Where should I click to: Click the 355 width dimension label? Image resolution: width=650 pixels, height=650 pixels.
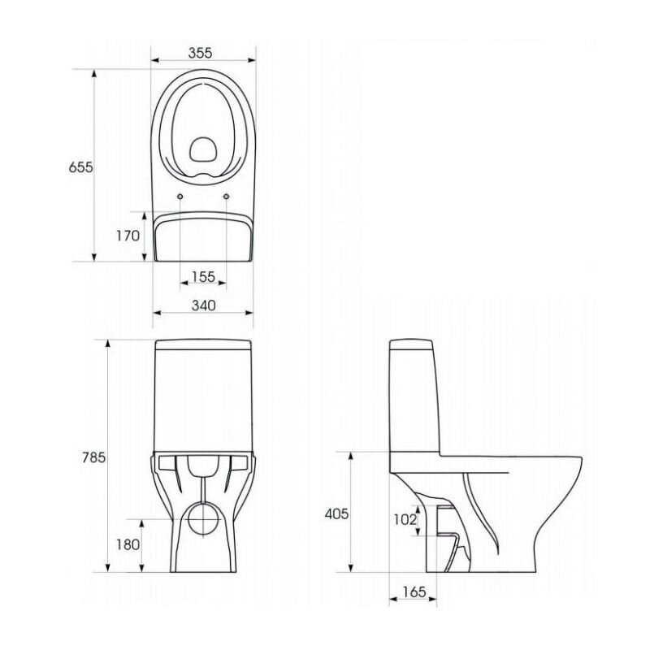tap(200, 53)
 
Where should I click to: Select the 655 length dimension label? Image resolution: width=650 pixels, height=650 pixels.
tap(80, 167)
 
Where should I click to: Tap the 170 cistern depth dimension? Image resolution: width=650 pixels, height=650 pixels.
tap(128, 236)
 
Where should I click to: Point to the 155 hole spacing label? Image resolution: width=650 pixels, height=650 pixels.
tap(204, 276)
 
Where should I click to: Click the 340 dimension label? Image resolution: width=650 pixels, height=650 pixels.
tap(204, 305)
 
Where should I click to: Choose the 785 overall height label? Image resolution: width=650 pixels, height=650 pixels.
tap(93, 457)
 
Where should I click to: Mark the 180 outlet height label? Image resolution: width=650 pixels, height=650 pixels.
tap(128, 544)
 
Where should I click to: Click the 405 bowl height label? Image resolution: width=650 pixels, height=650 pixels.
tap(336, 514)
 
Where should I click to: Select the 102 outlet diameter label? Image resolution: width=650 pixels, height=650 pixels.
tap(405, 519)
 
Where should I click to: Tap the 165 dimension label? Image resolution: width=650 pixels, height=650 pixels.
tap(414, 592)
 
